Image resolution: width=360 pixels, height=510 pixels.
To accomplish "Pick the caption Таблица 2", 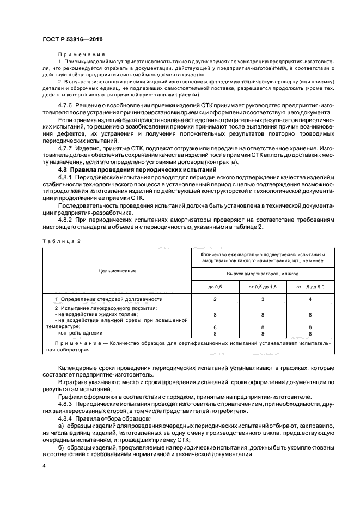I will [58, 240].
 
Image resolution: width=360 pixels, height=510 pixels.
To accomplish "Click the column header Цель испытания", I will [117, 270].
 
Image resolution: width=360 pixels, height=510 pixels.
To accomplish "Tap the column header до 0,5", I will [215, 287].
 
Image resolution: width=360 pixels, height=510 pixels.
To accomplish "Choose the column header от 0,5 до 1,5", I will [263, 287].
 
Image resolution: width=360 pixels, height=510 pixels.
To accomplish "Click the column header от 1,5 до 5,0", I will [310, 287].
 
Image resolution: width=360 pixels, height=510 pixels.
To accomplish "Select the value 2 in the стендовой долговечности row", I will [215, 299].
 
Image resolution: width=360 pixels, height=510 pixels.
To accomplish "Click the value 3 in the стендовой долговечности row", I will [263, 299].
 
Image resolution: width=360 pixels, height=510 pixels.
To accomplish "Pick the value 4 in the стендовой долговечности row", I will [310, 299].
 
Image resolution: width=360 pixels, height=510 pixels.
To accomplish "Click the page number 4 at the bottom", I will [44, 466].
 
